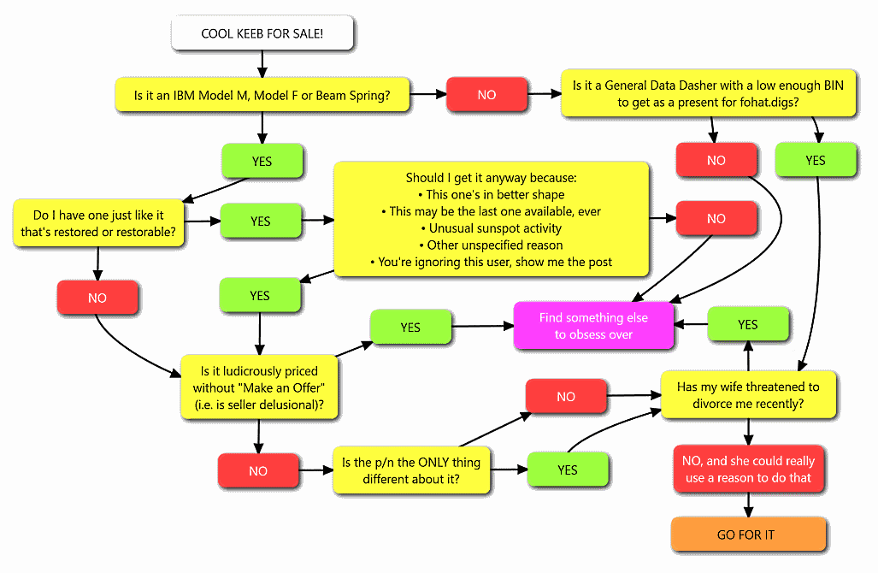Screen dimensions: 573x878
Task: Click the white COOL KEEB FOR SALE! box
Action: tap(262, 34)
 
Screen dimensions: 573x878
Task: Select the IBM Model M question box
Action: tap(262, 95)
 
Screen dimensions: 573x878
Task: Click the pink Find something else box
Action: tap(593, 326)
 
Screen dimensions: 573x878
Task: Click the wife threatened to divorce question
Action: tap(748, 395)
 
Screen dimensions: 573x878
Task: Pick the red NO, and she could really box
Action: tap(748, 469)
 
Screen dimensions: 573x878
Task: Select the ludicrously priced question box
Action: tap(259, 387)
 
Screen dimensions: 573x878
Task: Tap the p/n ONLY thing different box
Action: tap(411, 470)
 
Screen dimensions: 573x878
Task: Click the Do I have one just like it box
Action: tap(98, 223)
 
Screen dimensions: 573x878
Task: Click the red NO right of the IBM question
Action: tap(486, 95)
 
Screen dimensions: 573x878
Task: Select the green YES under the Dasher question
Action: tap(816, 160)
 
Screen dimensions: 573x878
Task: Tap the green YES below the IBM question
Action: tap(262, 160)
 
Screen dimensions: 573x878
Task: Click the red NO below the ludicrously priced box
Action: tap(258, 471)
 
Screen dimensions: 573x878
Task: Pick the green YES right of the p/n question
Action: tap(568, 470)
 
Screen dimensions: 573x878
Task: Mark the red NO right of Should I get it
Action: tap(716, 219)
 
